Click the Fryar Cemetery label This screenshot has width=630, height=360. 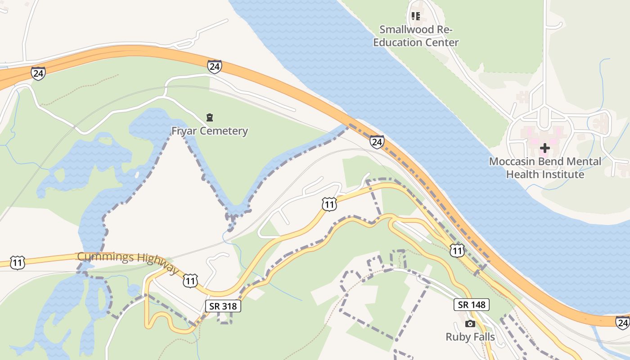pos(210,131)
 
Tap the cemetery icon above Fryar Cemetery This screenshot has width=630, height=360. pos(209,118)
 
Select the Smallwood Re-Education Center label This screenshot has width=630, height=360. pos(416,36)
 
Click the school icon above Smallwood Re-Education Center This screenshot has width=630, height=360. pos(416,17)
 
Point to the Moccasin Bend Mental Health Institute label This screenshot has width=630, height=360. pos(545,167)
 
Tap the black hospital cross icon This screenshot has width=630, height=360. pos(545,148)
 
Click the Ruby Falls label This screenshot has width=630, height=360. pos(470,337)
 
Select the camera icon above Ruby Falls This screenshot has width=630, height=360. pos(470,324)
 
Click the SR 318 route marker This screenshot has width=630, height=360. pos(224,306)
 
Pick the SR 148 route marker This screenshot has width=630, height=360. pos(472,305)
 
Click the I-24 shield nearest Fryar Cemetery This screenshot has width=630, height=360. pos(215,67)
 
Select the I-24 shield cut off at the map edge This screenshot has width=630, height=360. pos(623,322)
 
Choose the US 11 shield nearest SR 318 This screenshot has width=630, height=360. pos(190,281)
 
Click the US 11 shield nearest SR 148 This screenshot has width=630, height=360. pos(457,251)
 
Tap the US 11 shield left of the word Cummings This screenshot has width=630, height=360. pos(17,263)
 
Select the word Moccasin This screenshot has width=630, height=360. pos(515,162)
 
